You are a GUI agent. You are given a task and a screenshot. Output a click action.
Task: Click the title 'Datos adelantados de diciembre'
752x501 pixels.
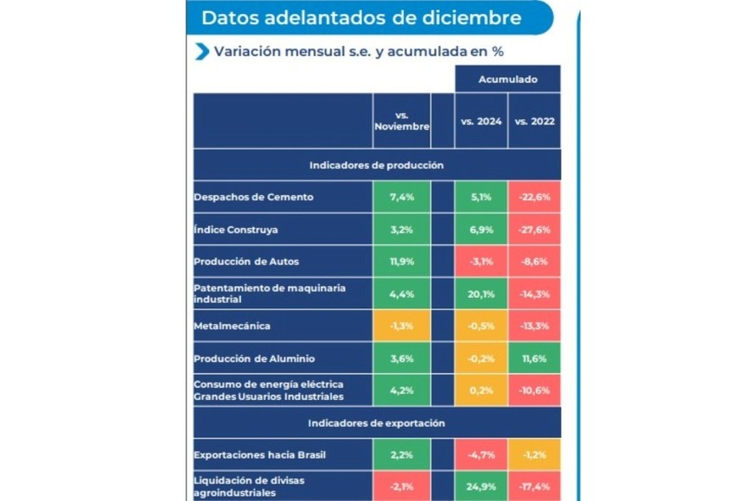click(x=361, y=18)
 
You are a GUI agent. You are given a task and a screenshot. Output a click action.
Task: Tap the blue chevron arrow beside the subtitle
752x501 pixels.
click(x=202, y=51)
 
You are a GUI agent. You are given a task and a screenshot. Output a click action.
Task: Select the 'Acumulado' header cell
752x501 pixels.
click(x=507, y=79)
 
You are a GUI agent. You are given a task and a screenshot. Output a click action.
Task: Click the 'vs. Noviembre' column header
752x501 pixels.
click(x=401, y=121)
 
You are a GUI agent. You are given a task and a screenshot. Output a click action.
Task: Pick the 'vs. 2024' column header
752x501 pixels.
click(x=481, y=121)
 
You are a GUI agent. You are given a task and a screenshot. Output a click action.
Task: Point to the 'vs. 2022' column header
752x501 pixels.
click(x=534, y=121)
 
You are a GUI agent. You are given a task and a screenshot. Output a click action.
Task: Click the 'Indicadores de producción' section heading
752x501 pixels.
click(x=377, y=165)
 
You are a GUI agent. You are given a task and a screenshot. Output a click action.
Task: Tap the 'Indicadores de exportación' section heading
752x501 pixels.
click(x=377, y=423)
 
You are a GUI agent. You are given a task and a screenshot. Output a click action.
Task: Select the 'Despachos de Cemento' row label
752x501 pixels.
click(x=253, y=197)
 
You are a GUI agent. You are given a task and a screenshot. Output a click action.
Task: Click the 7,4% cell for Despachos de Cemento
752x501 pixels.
click(x=401, y=197)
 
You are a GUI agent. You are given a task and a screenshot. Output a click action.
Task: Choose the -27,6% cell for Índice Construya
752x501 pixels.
click(x=534, y=230)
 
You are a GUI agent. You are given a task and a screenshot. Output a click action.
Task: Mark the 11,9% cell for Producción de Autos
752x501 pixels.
click(x=401, y=262)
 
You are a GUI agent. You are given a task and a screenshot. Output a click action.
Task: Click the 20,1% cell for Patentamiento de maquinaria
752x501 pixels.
click(x=481, y=294)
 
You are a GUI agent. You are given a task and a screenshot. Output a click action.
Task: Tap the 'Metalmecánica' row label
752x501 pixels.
click(x=233, y=326)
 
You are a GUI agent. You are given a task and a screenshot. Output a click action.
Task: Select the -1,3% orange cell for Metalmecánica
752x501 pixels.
click(x=401, y=326)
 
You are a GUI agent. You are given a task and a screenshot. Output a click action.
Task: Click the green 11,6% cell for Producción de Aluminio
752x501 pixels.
click(x=534, y=358)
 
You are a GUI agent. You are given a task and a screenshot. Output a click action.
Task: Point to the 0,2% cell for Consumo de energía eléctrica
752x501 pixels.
click(x=481, y=390)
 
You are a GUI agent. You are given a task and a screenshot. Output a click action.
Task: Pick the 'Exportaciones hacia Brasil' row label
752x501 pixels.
click(x=259, y=455)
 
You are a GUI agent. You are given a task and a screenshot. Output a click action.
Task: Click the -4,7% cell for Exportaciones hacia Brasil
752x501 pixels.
click(x=481, y=455)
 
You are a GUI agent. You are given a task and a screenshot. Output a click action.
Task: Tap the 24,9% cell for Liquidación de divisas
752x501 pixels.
click(x=481, y=486)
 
